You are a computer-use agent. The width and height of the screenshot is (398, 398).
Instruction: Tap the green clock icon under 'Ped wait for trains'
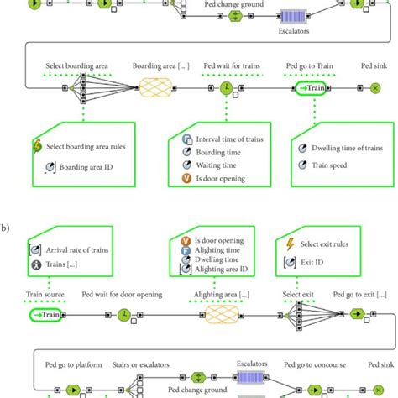pyautogui.click(x=227, y=87)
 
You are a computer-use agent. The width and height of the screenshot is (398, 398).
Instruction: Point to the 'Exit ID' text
pyautogui.click(x=312, y=263)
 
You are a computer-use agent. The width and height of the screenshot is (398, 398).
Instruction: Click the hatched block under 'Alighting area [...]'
pyautogui.click(x=224, y=314)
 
